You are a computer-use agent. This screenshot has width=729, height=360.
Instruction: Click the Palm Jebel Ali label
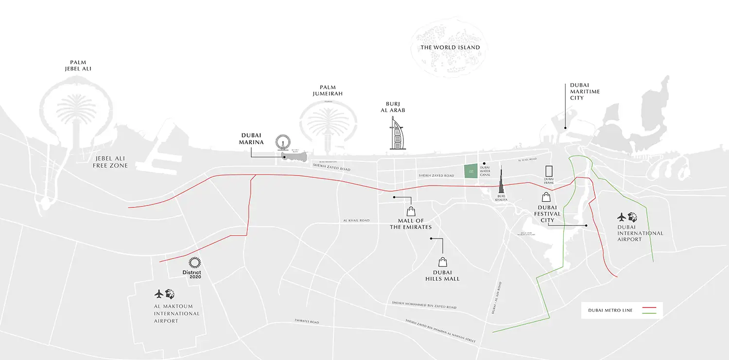coord(78,66)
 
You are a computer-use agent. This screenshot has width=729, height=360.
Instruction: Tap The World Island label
coord(450,48)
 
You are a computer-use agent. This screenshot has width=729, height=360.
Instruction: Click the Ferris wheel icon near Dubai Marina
coord(282,143)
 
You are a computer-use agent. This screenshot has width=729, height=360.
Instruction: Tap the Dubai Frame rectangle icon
coord(549,171)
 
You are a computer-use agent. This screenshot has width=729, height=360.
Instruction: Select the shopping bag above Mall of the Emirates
coord(411,211)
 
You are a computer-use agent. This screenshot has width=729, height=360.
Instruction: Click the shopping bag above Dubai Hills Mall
coord(443,262)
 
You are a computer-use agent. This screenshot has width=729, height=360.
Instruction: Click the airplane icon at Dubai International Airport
coord(622,217)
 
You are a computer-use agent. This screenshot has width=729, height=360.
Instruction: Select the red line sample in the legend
coord(649,308)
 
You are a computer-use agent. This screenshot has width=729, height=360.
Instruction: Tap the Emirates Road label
coord(306,321)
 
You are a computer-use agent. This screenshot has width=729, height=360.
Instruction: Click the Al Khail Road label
coord(356,221)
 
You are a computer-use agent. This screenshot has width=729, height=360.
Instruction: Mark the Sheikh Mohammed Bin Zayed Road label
coord(424,305)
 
